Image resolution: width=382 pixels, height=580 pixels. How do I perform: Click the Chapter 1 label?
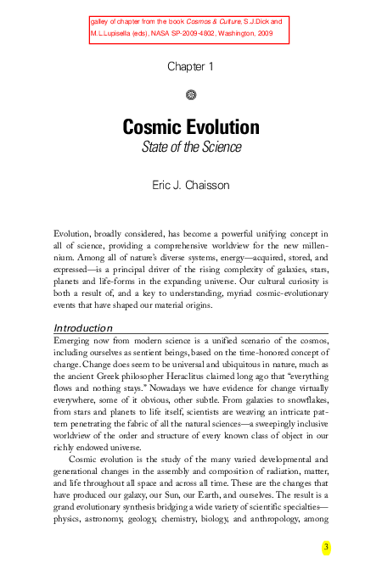tap(190, 66)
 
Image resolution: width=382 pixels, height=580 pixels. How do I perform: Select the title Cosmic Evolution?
tap(190, 128)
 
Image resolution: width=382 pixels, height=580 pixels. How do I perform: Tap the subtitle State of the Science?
tap(190, 148)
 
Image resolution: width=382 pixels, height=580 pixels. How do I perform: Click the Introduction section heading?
tap(83, 327)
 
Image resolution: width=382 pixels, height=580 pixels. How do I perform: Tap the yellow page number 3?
tap(325, 547)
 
